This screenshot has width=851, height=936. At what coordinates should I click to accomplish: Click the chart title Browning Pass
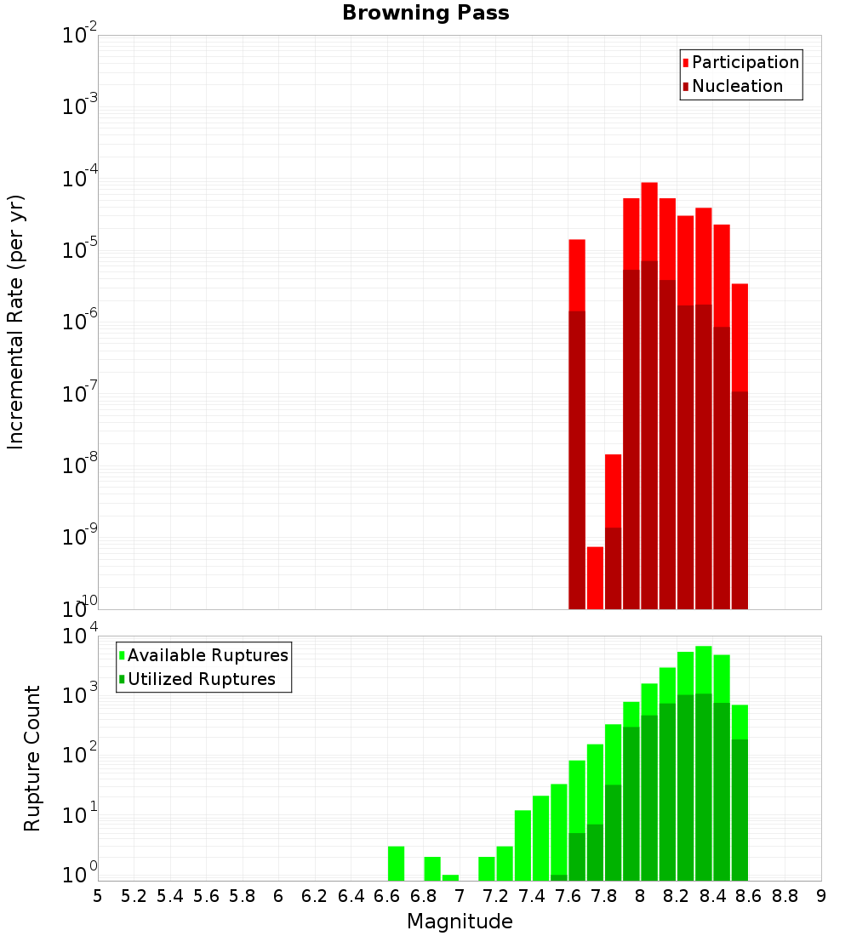point(425,13)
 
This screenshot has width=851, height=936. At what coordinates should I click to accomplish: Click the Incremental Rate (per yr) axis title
point(16,322)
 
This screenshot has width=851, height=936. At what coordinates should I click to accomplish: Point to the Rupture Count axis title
point(32,758)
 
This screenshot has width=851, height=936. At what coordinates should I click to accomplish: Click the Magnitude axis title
point(460,922)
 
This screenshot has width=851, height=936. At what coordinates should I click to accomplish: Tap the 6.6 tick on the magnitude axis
point(387,896)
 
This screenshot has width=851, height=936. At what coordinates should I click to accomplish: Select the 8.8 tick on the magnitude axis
point(785,896)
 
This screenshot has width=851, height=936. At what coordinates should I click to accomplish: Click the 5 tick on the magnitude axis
point(98,896)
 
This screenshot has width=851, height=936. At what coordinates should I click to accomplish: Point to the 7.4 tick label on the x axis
point(532,896)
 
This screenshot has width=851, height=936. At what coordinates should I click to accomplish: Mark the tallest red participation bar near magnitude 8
point(649,221)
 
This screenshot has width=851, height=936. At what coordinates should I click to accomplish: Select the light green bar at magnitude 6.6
point(396,863)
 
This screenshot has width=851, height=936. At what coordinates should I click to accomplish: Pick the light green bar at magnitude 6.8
point(432,868)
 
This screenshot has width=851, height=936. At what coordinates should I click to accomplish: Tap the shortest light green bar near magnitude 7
point(450,877)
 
